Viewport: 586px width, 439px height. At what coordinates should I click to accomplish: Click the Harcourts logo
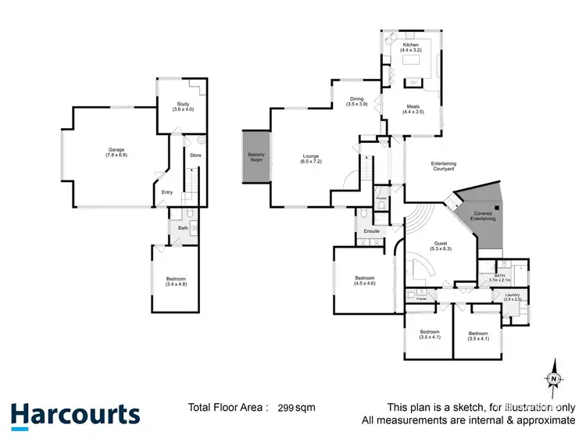pyautogui.click(x=75, y=414)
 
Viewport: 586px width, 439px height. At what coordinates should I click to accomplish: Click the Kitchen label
pyautogui.click(x=411, y=48)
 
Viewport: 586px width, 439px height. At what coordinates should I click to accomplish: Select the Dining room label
pyautogui.click(x=357, y=101)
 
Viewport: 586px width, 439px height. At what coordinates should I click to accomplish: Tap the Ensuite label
pyautogui.click(x=371, y=231)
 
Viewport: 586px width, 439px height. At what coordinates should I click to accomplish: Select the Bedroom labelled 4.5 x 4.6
pyautogui.click(x=365, y=281)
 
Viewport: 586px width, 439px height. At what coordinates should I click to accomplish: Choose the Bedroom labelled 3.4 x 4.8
pyautogui.click(x=176, y=282)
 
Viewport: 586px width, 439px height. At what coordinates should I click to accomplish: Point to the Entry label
pyautogui.click(x=167, y=193)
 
